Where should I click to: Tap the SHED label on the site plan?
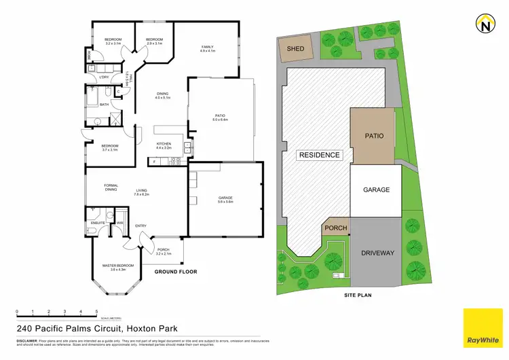click(x=295, y=48)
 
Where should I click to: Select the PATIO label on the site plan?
click(x=374, y=136)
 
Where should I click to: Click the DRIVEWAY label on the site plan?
click(x=378, y=253)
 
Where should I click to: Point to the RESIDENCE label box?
click(x=319, y=155)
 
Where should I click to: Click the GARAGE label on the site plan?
click(x=376, y=190)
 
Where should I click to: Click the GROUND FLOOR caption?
click(x=175, y=272)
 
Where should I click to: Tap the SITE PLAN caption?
click(x=357, y=295)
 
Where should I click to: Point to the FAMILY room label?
click(x=207, y=47)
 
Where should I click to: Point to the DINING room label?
click(x=162, y=94)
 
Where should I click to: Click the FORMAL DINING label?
click(x=111, y=187)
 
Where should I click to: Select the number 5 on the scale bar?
click(x=97, y=312)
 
